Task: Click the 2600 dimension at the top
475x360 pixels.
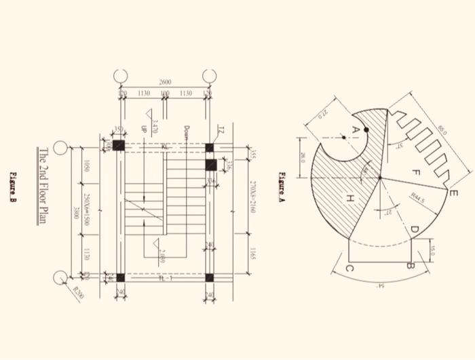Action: point(165,82)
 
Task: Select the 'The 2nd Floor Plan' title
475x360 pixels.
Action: point(43,186)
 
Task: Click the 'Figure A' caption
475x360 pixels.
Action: point(282,186)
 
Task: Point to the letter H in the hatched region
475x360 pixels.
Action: point(350,198)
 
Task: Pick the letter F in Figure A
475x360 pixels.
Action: point(416,174)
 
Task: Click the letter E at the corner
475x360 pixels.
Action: point(453,192)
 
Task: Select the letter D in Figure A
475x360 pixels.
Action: point(413,231)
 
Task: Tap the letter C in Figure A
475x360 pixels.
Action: point(349,269)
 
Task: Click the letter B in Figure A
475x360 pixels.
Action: point(409,266)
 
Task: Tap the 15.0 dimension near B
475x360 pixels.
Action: point(432,249)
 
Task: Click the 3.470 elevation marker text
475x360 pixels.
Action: point(155,126)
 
